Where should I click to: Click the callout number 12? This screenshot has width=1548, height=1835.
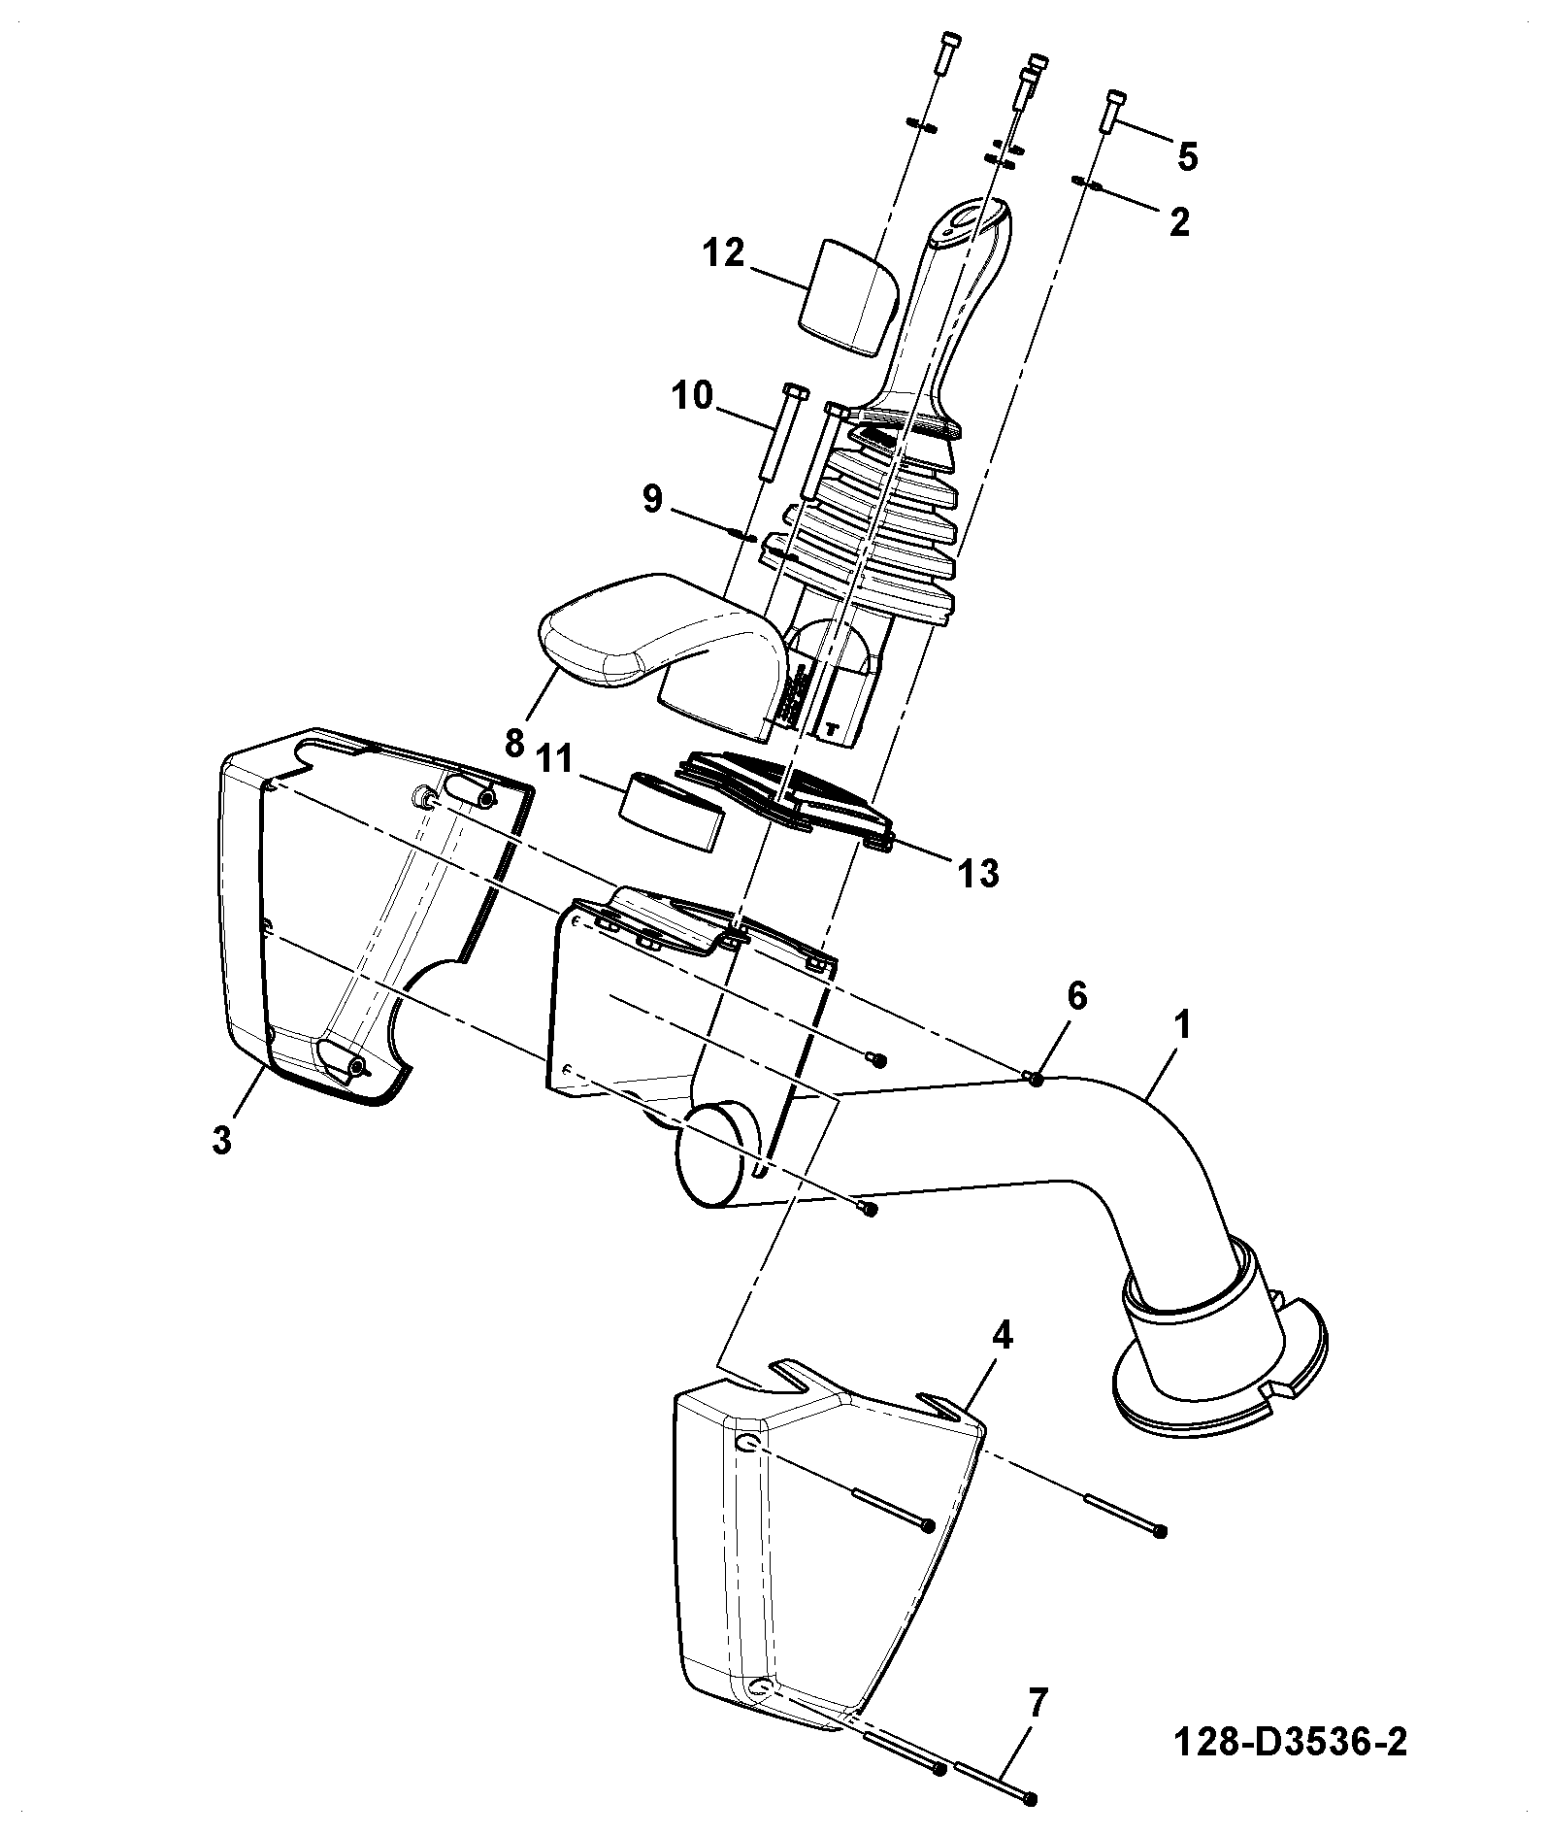(724, 254)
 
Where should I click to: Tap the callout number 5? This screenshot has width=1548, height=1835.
(1188, 156)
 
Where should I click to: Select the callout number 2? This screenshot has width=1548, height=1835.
(1179, 222)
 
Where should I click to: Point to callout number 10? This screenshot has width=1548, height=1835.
(691, 396)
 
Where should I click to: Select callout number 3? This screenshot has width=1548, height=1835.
(222, 1139)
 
